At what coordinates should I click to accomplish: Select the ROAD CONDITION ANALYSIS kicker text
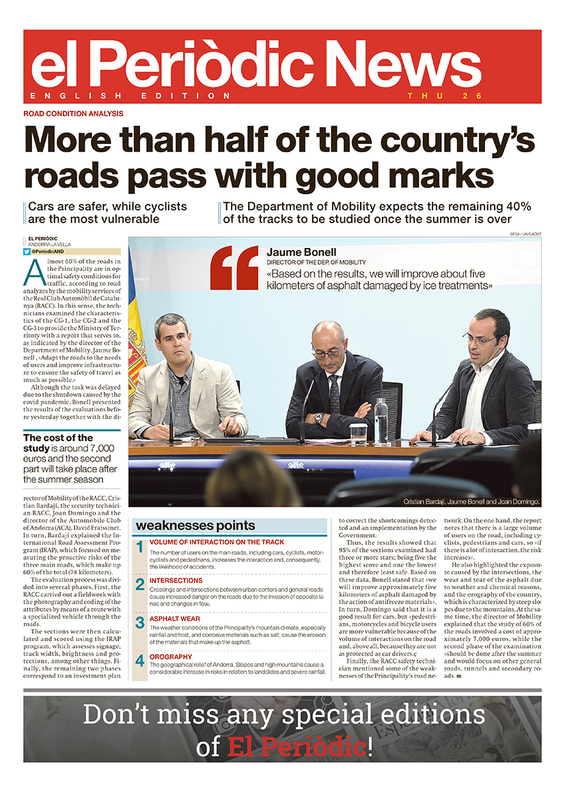point(73,113)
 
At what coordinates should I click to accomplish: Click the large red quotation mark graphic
point(234,268)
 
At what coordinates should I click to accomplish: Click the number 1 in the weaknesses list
point(139,548)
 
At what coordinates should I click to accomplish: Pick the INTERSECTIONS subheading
point(176,580)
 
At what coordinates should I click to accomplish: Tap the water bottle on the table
point(381,421)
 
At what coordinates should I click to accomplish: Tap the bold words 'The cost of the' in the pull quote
point(58,438)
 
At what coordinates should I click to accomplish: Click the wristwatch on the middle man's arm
point(318,417)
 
